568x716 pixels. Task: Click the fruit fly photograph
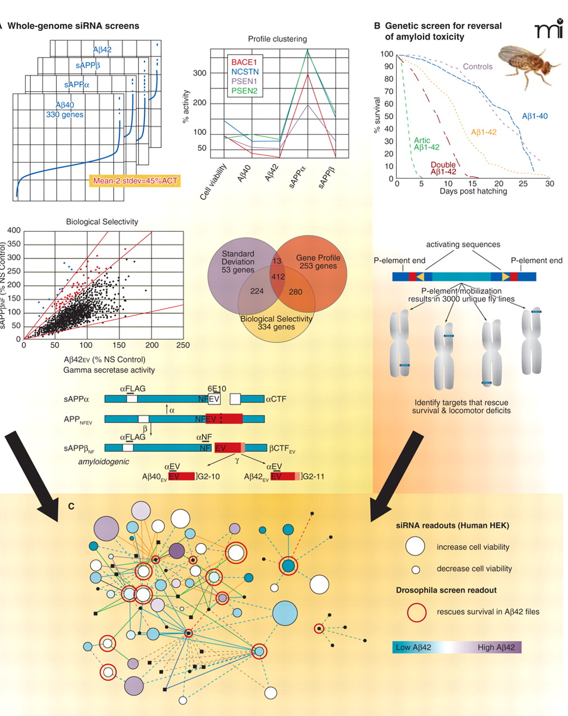click(x=524, y=67)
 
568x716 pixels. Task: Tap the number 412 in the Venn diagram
click(x=278, y=276)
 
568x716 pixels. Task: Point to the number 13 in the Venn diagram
click(x=277, y=261)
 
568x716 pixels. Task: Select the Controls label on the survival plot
click(x=477, y=67)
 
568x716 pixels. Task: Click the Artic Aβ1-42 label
click(x=426, y=144)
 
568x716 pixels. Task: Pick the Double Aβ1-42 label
click(x=443, y=168)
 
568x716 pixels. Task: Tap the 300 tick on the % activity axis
click(x=200, y=73)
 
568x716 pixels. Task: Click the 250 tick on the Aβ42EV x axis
click(x=183, y=346)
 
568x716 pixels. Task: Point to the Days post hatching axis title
click(x=473, y=191)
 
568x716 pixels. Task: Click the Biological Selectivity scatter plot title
click(x=102, y=222)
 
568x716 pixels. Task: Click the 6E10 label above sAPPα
click(x=217, y=389)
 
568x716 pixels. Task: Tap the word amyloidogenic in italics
click(x=104, y=461)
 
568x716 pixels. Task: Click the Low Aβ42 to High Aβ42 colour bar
click(x=457, y=647)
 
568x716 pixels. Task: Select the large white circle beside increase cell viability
click(x=416, y=547)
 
